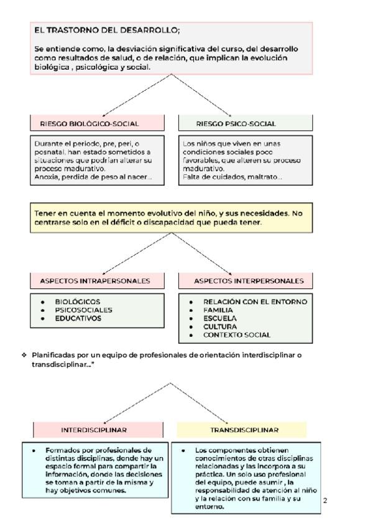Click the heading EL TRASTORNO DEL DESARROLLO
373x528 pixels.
pos(107,31)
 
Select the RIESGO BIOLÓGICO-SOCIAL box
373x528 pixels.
pos(98,123)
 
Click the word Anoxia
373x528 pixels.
pos(47,177)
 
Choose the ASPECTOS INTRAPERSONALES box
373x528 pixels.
pos(98,281)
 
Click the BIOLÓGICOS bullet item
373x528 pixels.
pos(78,301)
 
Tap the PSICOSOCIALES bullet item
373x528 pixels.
pos(84,309)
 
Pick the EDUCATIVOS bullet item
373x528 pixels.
pos(78,318)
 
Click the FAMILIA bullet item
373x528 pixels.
pos(218,309)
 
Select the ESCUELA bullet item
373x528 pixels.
pos(218,318)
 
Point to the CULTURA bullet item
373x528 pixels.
pos(219,326)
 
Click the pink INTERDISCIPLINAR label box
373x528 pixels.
pos(98,430)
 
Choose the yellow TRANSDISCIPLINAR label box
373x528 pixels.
pos(242,430)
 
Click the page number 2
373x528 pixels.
pos(325,500)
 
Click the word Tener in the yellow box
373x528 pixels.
pos(44,213)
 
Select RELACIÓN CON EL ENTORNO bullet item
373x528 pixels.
pos(255,301)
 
